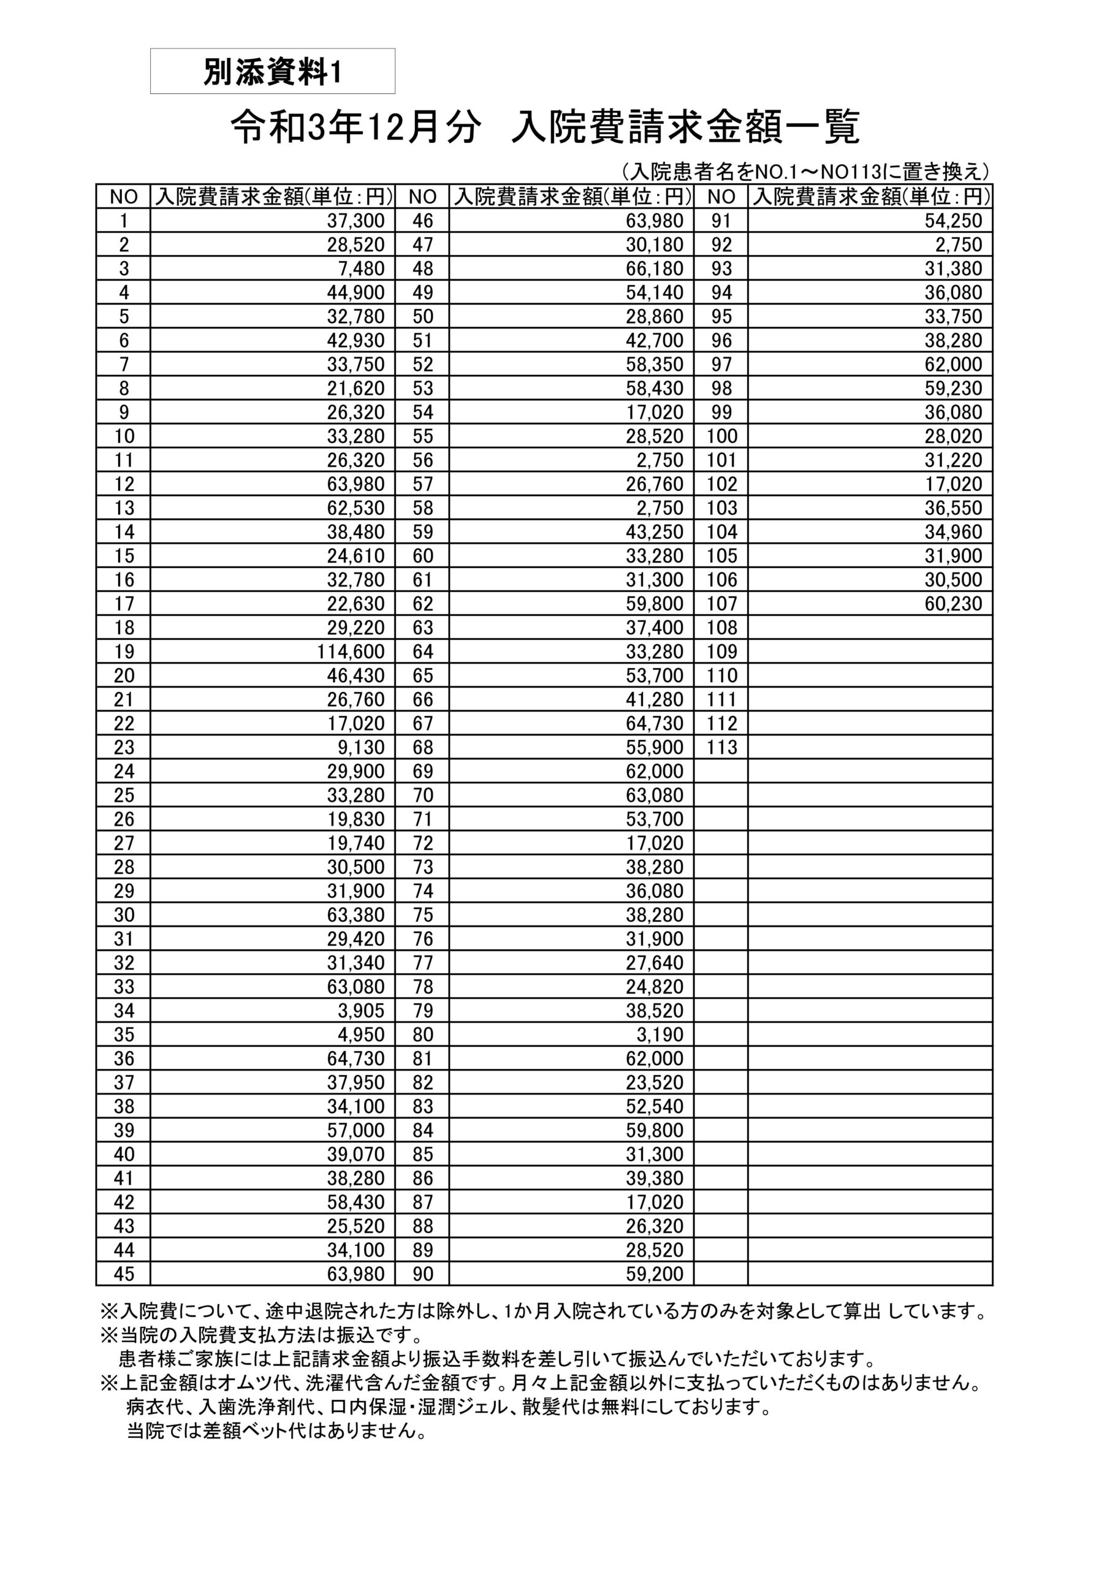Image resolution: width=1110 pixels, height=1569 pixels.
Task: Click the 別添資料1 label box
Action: coord(272,71)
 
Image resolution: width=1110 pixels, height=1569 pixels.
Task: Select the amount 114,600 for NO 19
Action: coord(351,652)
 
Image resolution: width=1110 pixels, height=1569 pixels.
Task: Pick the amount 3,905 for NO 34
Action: coord(361,1010)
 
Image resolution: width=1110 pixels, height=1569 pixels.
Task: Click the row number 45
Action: coord(124,1274)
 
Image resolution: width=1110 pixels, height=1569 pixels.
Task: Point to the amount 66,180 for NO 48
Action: coord(654,268)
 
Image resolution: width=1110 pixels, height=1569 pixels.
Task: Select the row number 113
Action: coord(722,747)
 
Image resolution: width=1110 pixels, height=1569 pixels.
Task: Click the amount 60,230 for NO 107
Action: coord(953,604)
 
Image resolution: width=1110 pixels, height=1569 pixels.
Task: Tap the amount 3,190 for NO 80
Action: coord(660,1034)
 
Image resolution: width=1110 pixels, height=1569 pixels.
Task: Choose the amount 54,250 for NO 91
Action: coord(953,221)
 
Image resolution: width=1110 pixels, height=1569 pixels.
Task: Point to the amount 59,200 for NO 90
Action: coord(654,1274)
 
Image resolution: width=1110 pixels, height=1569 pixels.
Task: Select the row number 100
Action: coord(722,436)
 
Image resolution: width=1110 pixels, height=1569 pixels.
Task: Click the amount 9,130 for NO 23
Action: coord(361,747)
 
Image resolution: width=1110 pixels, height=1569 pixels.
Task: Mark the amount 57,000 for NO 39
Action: coord(355,1130)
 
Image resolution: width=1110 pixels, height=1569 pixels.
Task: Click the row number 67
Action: coord(423,723)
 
